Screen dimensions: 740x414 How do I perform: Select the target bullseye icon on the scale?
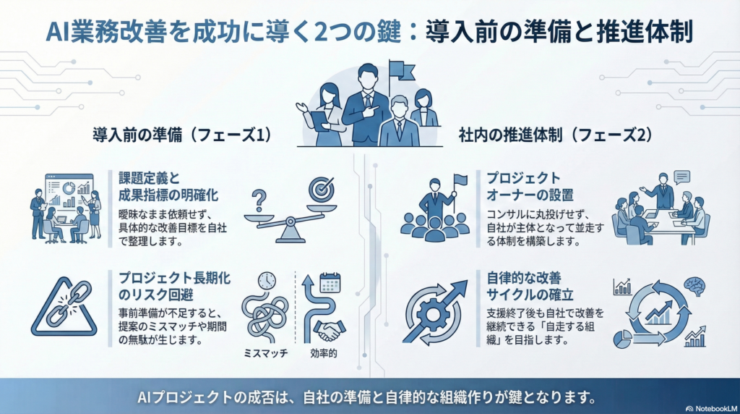[x=322, y=190]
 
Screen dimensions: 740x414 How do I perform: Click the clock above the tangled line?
[x=267, y=281]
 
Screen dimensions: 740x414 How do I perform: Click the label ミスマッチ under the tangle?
[x=266, y=353]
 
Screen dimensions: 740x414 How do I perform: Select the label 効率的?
[x=324, y=353]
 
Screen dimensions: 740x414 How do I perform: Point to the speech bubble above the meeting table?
[x=682, y=177]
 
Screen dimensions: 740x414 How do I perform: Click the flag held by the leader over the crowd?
[x=460, y=180]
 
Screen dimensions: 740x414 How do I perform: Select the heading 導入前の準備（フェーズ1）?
[x=182, y=135]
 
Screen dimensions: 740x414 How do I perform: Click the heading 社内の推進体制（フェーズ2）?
[x=556, y=135]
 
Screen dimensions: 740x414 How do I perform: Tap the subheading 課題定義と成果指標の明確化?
[x=168, y=187]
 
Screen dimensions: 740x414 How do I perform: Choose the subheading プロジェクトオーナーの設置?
[x=530, y=186]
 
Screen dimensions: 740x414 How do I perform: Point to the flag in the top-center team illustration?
[x=402, y=72]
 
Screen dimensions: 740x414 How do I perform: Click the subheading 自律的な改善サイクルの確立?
[x=530, y=287]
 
